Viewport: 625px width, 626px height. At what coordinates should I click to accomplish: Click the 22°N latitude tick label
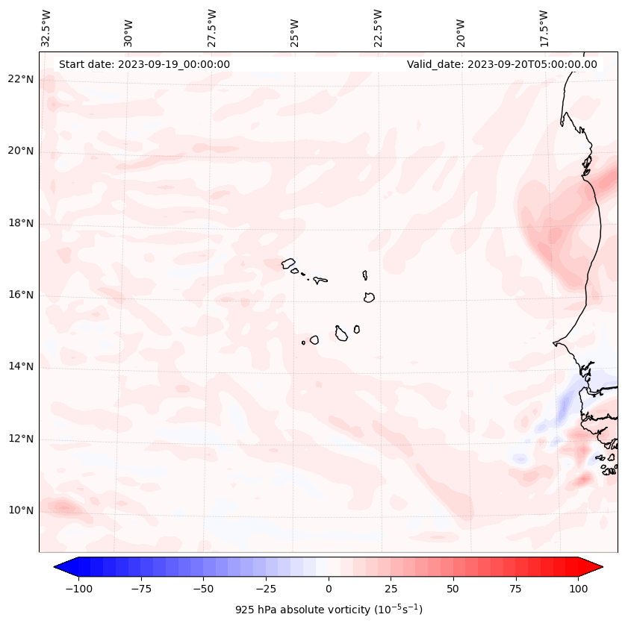[x=21, y=80]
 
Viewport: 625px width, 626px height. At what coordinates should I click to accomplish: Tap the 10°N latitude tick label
[x=21, y=511]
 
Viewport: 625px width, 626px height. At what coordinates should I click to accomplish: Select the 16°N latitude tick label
[x=21, y=295]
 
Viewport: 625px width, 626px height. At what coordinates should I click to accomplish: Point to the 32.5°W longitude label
[x=46, y=28]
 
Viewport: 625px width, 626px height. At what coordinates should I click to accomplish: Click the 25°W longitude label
[x=295, y=28]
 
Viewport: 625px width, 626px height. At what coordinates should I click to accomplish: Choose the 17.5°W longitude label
[x=544, y=28]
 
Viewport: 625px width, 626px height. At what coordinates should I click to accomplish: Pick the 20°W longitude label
[x=461, y=28]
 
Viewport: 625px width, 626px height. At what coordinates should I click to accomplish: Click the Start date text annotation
[x=144, y=64]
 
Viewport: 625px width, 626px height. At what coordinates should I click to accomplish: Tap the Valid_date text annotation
[x=502, y=64]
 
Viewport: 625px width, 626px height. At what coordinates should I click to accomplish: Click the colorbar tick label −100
[x=78, y=589]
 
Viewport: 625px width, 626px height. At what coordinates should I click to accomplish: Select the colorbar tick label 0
[x=329, y=589]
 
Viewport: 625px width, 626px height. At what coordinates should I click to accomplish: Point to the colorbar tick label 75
[x=516, y=589]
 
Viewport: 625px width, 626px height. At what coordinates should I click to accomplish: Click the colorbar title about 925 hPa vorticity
[x=329, y=610]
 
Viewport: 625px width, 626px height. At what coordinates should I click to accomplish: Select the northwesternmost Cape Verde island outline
[x=288, y=263]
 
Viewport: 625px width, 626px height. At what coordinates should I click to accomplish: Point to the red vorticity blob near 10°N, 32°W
[x=63, y=508]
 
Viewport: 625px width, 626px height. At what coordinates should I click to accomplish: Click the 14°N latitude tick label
[x=21, y=367]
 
